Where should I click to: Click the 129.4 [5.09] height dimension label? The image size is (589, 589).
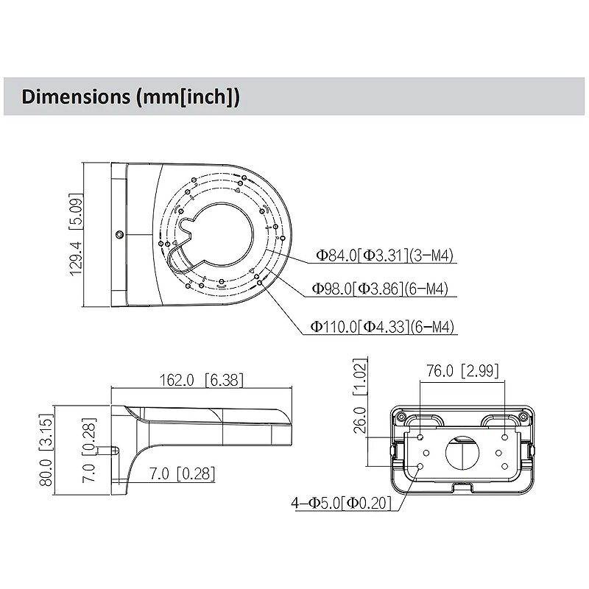tap(76, 233)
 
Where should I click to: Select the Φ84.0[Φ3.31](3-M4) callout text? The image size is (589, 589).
tap(385, 256)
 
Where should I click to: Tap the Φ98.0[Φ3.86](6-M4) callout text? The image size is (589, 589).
tap(380, 289)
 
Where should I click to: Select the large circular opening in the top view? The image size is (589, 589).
tap(228, 234)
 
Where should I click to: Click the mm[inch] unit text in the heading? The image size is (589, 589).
tap(188, 96)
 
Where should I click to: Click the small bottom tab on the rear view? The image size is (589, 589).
tap(461, 487)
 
